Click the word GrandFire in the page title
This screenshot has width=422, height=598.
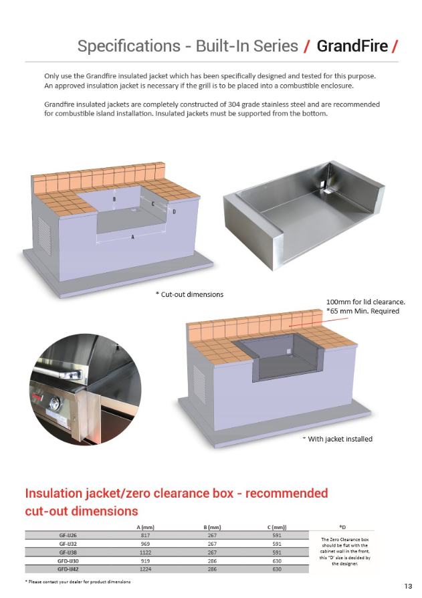coord(352,46)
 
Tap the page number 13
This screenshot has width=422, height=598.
coord(408,586)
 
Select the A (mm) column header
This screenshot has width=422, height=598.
coord(145,527)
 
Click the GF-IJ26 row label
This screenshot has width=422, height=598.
coord(68,535)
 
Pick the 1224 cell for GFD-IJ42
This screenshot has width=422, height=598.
coord(145,569)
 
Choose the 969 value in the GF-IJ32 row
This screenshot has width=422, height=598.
coord(145,544)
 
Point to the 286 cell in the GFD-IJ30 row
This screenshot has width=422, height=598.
coord(212,561)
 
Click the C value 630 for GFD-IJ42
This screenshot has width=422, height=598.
coord(277,569)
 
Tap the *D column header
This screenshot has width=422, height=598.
coord(342,527)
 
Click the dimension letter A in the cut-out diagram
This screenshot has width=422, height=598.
coord(132,237)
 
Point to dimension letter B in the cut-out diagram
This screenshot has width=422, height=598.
coord(114,199)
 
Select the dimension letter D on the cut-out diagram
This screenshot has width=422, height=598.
coord(174,211)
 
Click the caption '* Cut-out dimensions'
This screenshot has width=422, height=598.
coord(189,294)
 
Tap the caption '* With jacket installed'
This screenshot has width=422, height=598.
coord(337,439)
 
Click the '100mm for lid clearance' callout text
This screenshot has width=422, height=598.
coord(366,302)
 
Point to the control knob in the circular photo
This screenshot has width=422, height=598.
coord(54,403)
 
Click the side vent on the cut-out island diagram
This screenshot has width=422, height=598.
coord(45,236)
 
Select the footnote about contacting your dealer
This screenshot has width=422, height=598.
coord(78,581)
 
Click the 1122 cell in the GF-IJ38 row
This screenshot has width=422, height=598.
coord(145,553)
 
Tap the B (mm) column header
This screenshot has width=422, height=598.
coord(212,527)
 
